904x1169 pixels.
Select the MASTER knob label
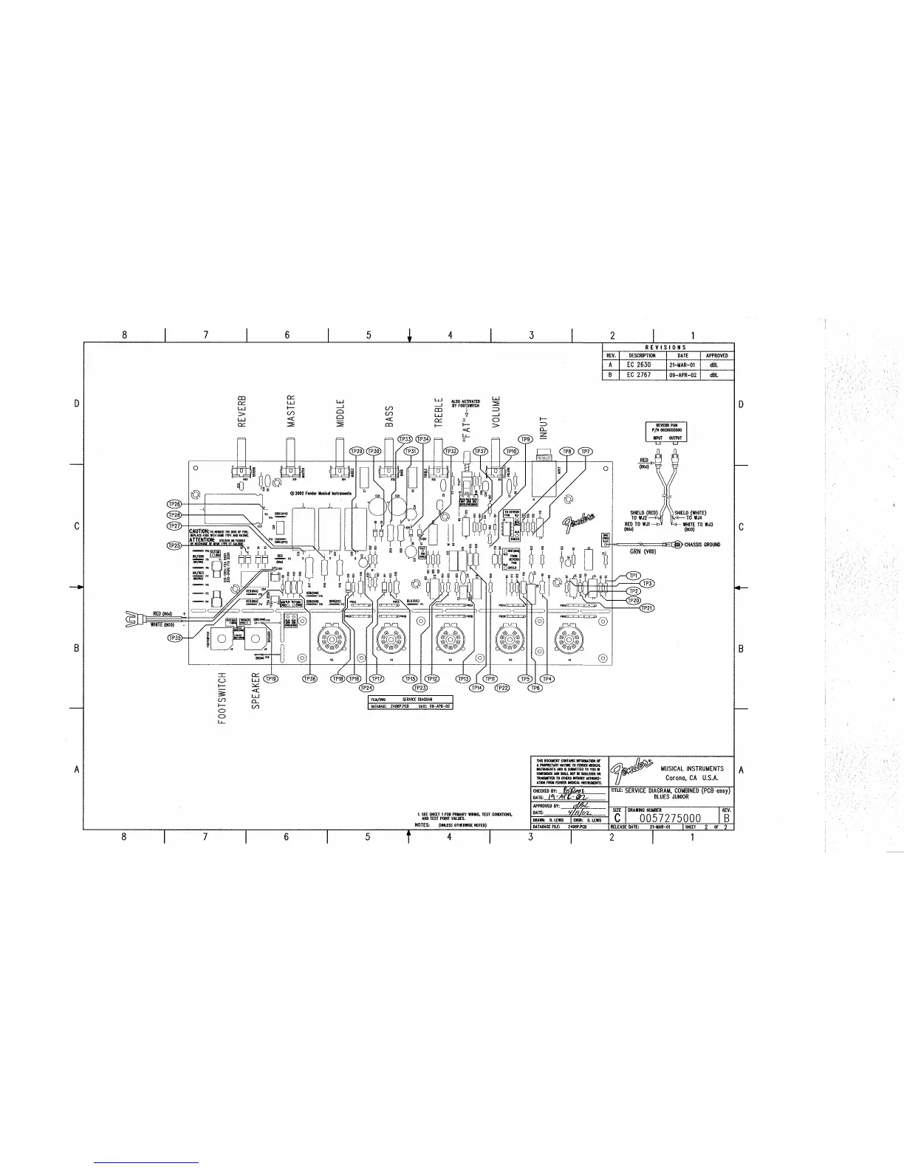click(291, 410)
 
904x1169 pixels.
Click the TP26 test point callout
click(174, 504)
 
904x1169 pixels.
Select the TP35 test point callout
click(174, 637)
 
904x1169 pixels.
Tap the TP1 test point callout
click(633, 575)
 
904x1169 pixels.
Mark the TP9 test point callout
click(526, 440)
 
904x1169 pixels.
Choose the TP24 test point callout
click(366, 688)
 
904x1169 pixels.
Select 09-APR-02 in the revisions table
click(683, 375)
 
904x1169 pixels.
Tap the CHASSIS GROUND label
click(701, 545)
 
